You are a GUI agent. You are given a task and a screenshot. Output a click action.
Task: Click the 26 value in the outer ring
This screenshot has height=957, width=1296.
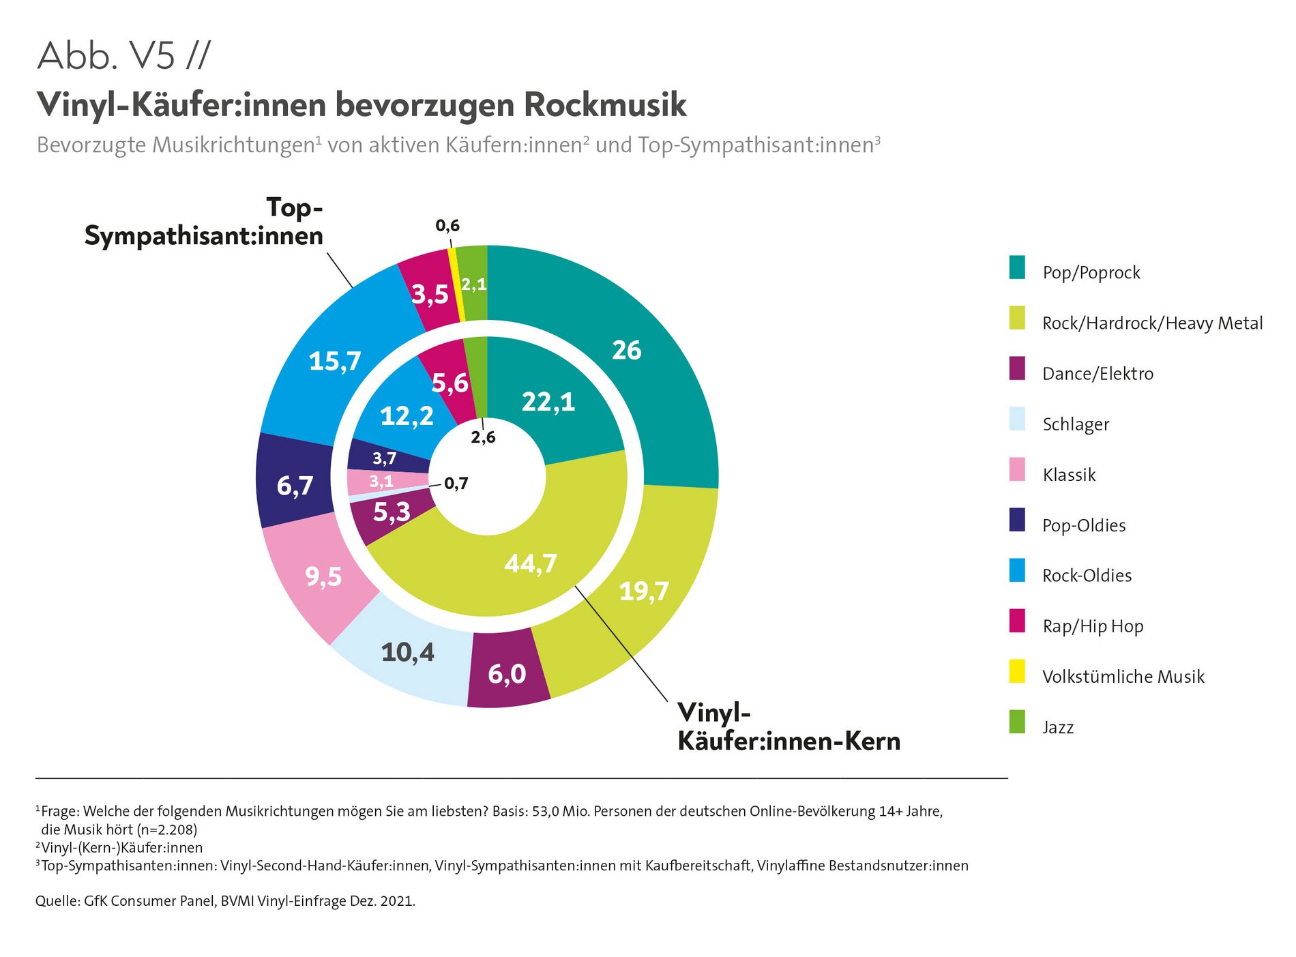(626, 350)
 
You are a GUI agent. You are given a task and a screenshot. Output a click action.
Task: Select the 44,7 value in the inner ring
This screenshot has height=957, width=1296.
(531, 563)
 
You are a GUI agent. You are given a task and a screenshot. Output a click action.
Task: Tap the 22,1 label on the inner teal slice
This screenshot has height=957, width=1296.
(548, 402)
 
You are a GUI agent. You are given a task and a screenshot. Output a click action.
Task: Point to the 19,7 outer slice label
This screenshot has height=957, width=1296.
(644, 591)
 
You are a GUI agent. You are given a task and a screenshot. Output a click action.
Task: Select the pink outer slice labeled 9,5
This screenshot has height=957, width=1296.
(323, 577)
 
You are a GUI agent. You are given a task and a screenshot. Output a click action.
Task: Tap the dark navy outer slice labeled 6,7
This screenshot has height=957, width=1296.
(295, 486)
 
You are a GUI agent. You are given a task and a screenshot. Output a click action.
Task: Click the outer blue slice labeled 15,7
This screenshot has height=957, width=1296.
(335, 361)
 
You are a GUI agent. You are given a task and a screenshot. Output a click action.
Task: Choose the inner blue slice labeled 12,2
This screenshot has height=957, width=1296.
(407, 415)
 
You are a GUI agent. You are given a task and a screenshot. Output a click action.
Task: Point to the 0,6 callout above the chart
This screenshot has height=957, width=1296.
(447, 226)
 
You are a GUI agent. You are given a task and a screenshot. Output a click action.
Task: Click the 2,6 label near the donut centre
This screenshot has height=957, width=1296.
(483, 438)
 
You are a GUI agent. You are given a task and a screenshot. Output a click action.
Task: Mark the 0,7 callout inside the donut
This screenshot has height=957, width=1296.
(456, 484)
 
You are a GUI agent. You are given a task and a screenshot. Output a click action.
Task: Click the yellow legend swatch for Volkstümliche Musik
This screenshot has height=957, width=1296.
(1017, 671)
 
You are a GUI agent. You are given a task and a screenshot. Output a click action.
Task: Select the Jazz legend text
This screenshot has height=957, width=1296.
(1058, 727)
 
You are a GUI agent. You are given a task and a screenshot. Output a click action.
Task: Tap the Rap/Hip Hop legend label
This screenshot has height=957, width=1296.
(1093, 626)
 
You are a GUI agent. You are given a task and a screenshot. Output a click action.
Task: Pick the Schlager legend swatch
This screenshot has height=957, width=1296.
(1017, 419)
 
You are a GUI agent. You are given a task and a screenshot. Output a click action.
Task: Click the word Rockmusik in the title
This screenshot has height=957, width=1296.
(605, 104)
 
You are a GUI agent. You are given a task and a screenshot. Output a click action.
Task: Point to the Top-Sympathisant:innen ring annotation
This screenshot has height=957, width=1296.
(203, 222)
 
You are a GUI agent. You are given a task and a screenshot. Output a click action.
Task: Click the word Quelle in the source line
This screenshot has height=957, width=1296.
(57, 901)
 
